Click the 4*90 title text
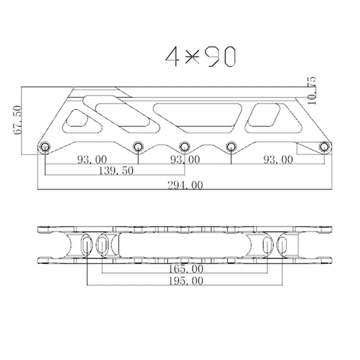pyautogui.click(x=199, y=57)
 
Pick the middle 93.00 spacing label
pyautogui.click(x=185, y=160)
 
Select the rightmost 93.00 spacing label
pyautogui.click(x=277, y=160)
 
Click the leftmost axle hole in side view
pyautogui.click(x=45, y=147)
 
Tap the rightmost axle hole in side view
pyautogui.click(x=325, y=147)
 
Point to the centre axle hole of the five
pyautogui.click(x=185, y=147)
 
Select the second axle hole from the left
pyautogui.click(x=138, y=147)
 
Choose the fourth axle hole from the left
pyautogui.click(x=231, y=147)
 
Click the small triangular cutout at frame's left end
pyautogui.click(x=77, y=121)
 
